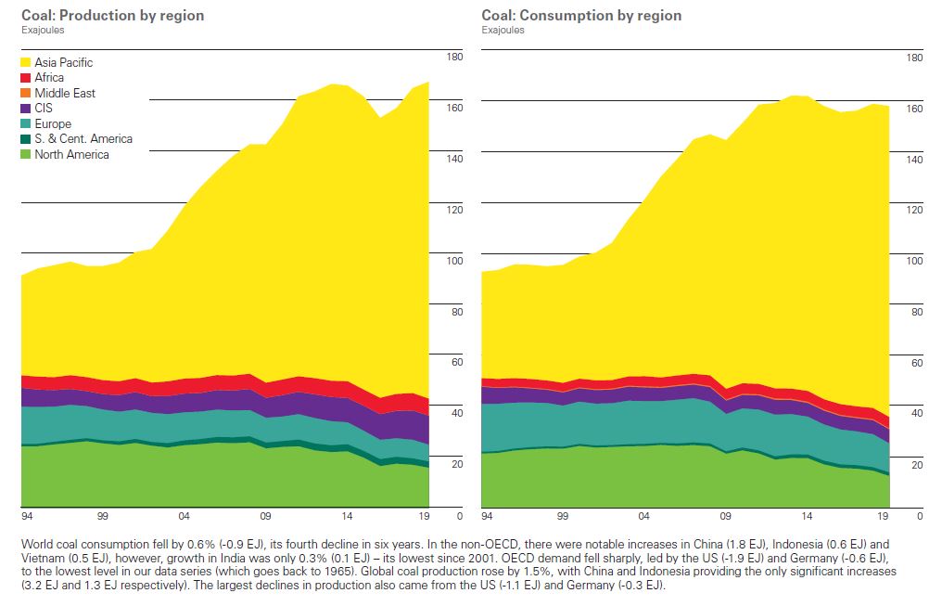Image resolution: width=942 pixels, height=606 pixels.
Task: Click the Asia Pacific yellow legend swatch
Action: click(26, 62)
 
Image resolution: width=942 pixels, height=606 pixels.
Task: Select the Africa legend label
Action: click(49, 78)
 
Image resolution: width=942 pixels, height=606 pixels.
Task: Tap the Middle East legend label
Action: click(65, 93)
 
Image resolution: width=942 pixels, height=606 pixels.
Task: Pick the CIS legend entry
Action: click(45, 109)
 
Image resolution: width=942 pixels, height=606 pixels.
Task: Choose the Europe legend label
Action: click(53, 123)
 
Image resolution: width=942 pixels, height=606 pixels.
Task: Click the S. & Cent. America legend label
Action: click(83, 139)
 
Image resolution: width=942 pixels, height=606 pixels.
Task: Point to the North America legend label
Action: click(71, 155)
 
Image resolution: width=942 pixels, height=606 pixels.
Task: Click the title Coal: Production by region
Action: click(112, 16)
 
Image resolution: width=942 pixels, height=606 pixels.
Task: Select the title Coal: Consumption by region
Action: click(581, 16)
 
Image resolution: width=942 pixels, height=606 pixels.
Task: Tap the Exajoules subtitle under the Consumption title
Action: click(503, 30)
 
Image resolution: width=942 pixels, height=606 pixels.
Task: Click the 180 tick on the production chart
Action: click(454, 58)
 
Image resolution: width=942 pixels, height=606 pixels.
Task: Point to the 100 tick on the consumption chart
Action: click(915, 262)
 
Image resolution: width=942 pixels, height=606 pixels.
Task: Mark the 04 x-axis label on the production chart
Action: click(185, 515)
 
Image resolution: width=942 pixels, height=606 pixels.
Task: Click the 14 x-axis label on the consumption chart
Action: click(807, 515)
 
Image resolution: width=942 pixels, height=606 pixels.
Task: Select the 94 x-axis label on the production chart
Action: click(27, 515)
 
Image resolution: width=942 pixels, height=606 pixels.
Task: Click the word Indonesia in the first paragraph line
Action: click(785, 544)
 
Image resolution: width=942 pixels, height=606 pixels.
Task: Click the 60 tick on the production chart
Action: click(457, 363)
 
